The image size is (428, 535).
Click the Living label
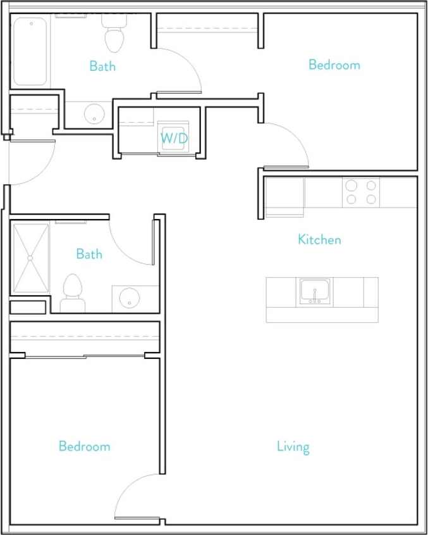pos(293,446)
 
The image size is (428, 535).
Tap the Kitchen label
pos(319,239)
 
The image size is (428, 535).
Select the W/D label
pos(173,137)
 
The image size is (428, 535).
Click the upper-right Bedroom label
pos(334,65)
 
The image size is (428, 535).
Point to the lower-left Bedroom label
pos(84,446)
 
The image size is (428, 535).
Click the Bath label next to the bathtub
pos(102,66)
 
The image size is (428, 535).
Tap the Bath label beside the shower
pos(89,254)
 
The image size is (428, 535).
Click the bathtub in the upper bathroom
pos(30,51)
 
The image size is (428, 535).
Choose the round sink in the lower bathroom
pos(130,298)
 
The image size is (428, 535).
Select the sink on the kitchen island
pos(314,292)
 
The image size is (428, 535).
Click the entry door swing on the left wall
pos(32,161)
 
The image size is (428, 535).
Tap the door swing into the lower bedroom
pos(136,497)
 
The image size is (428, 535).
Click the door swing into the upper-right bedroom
pos(284,144)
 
